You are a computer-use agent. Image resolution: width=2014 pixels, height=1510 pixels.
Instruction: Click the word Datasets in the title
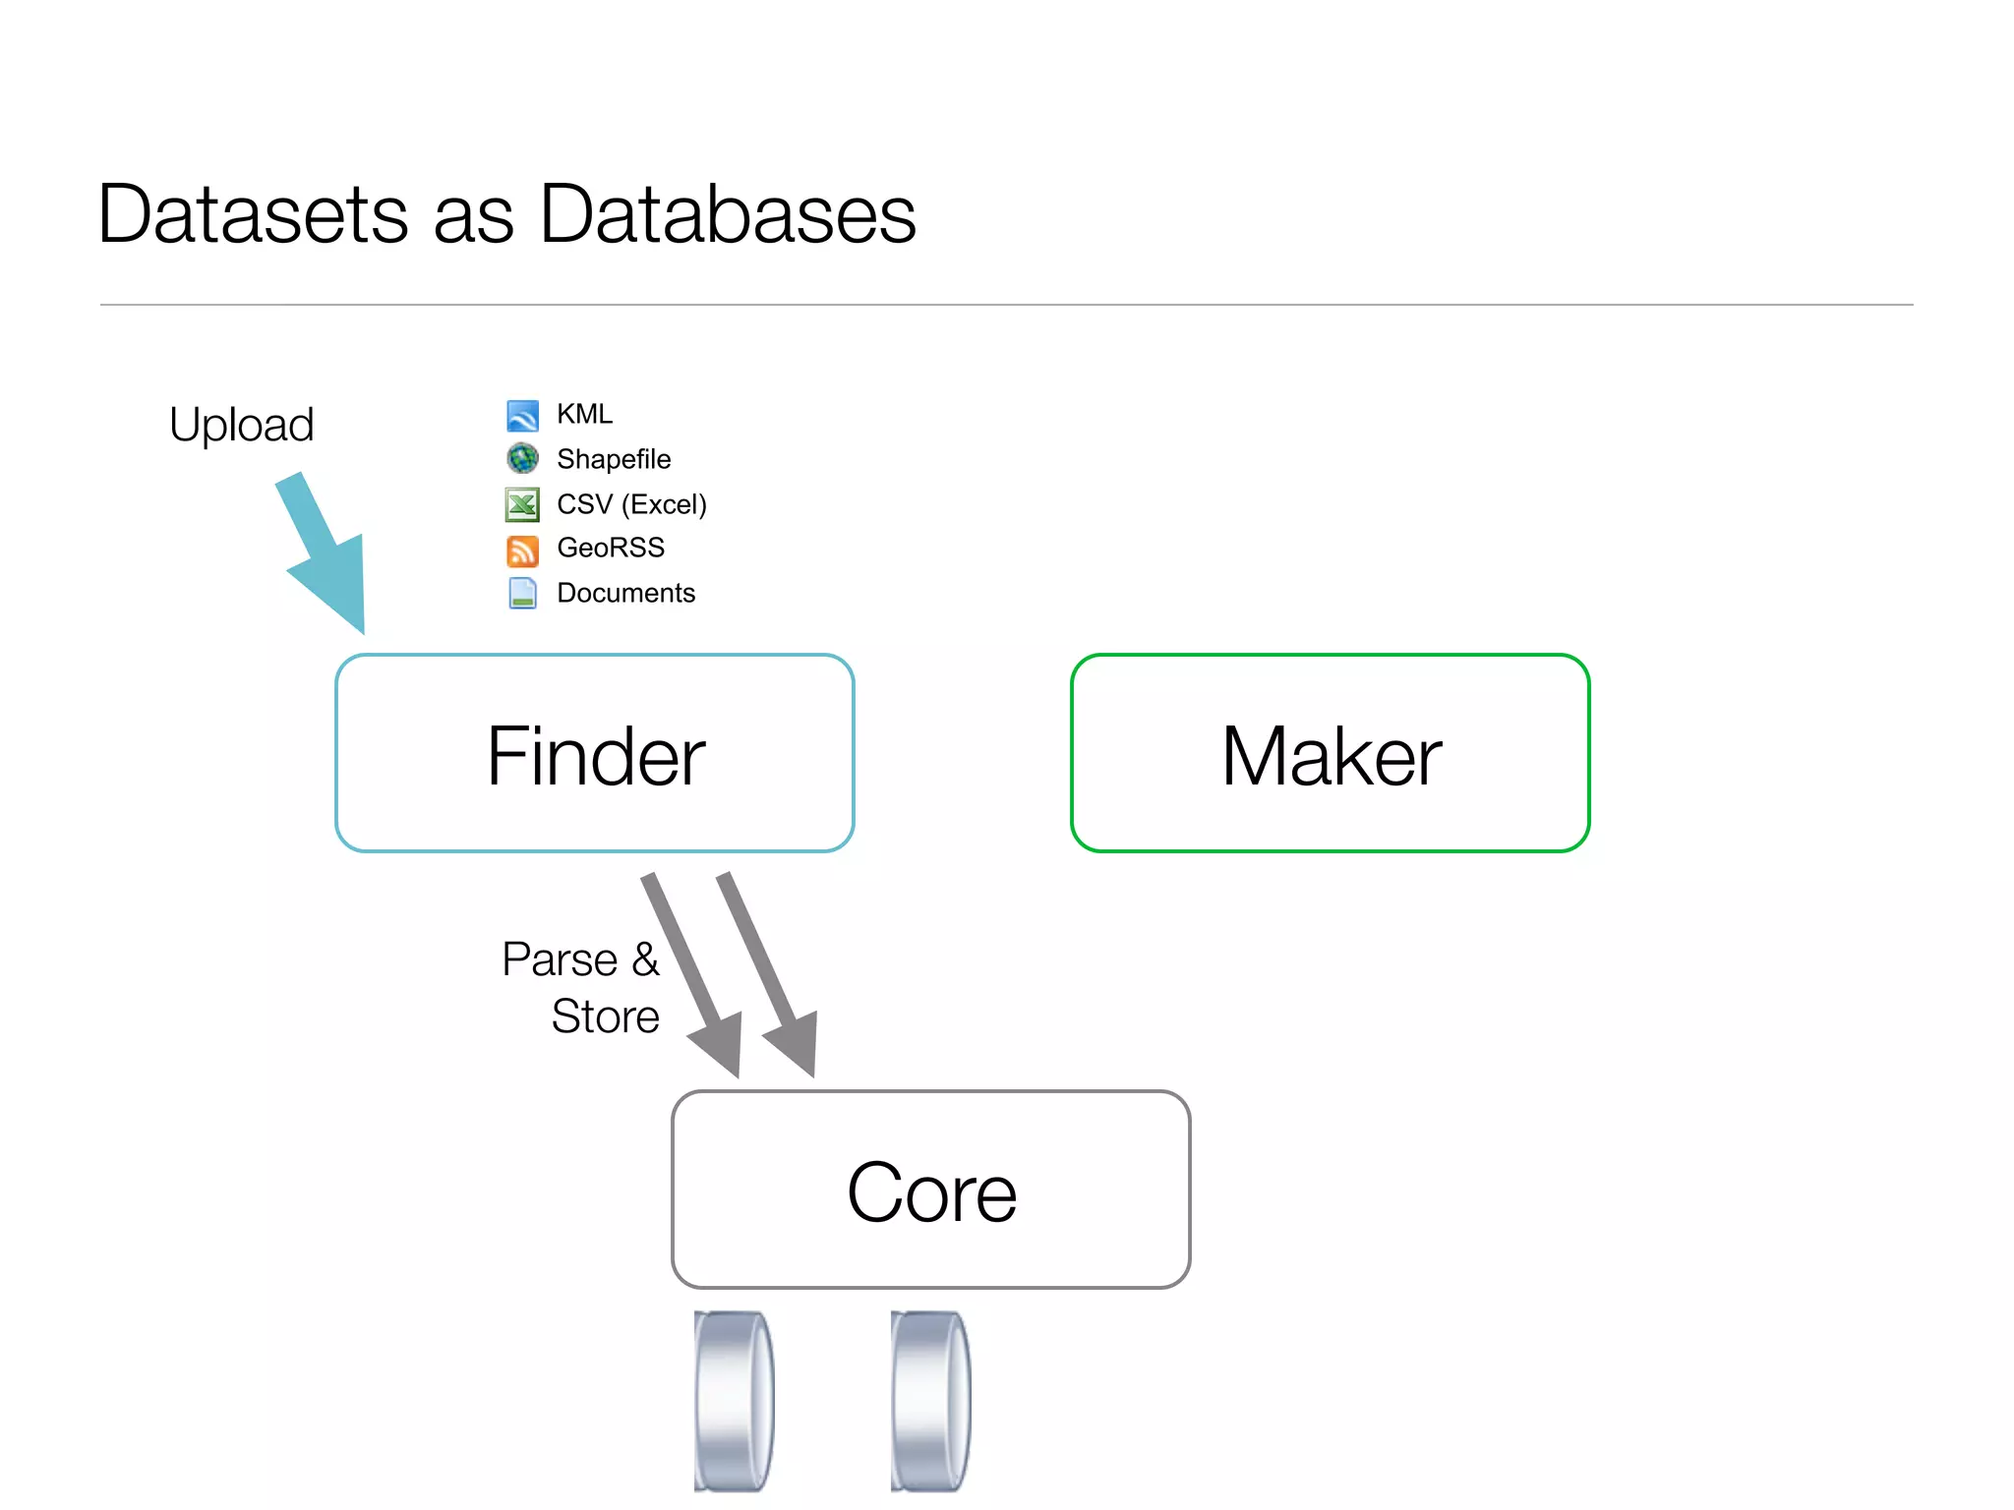coord(253,214)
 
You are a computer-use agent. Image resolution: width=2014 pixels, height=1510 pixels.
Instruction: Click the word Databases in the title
coord(728,214)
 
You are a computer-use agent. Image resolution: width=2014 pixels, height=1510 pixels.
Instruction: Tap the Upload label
coord(241,425)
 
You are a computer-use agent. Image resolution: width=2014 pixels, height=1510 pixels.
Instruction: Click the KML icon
coord(522,416)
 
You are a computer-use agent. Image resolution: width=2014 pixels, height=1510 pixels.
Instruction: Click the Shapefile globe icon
coord(522,458)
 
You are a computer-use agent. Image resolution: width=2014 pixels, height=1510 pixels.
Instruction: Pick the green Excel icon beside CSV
coord(522,504)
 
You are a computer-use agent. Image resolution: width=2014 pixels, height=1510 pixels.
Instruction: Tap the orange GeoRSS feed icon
coord(522,551)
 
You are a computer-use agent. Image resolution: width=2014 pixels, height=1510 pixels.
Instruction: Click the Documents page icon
coord(522,593)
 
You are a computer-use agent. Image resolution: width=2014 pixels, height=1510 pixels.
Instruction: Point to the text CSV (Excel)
coord(631,504)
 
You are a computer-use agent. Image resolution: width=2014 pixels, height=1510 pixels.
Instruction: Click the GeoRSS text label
coord(611,548)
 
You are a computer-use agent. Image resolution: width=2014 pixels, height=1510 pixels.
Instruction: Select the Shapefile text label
coord(614,459)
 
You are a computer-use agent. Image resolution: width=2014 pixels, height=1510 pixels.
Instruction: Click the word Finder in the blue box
coord(595,755)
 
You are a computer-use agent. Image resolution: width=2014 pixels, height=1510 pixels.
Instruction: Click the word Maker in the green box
coord(1331,755)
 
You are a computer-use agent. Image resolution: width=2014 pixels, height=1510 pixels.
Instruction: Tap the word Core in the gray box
coord(931,1191)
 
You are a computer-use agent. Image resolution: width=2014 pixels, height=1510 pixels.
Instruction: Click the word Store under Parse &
coord(605,1016)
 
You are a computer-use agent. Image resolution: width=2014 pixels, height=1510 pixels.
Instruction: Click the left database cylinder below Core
coord(734,1400)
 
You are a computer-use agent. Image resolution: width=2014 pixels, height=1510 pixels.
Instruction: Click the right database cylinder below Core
coord(930,1400)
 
